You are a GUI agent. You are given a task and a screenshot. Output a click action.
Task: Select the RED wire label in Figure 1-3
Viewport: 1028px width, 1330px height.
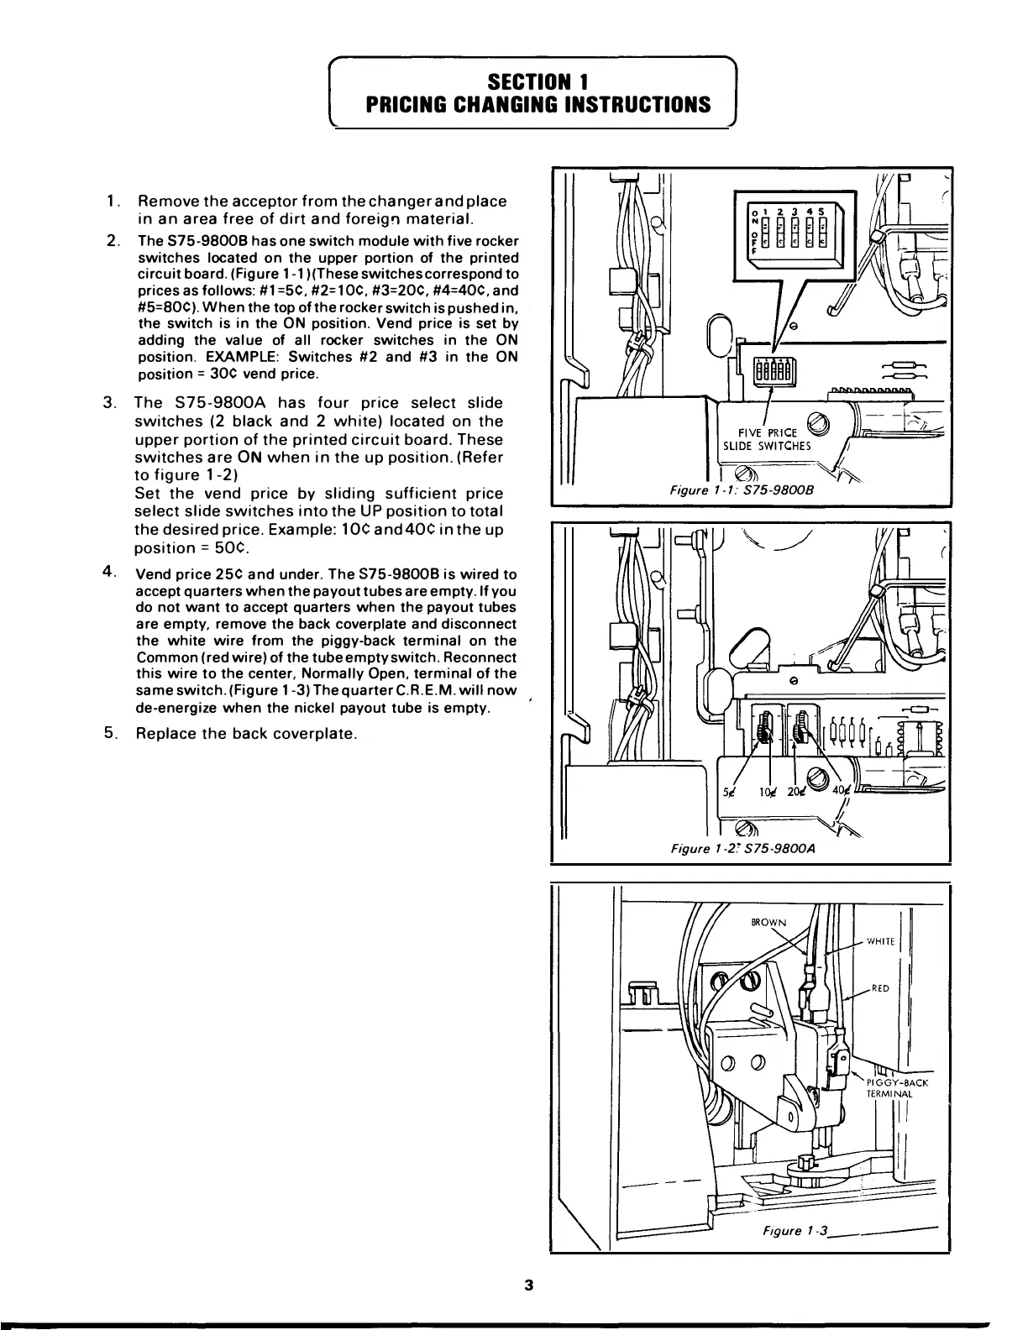point(880,988)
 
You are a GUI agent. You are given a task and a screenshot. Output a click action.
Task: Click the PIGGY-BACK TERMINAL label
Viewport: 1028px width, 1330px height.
point(895,1089)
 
